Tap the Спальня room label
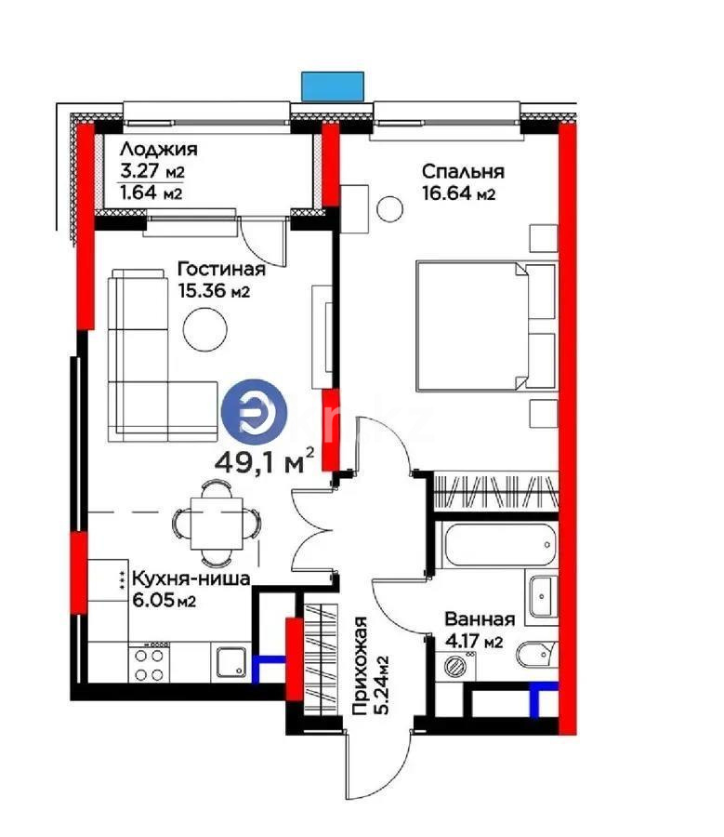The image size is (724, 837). tap(462, 171)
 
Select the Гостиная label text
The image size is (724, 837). tap(220, 269)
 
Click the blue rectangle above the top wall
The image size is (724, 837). tap(334, 86)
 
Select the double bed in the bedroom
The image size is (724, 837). tap(483, 325)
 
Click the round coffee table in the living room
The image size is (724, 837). tap(204, 329)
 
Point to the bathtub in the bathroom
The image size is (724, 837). tap(500, 545)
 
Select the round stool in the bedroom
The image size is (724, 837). tap(389, 207)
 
